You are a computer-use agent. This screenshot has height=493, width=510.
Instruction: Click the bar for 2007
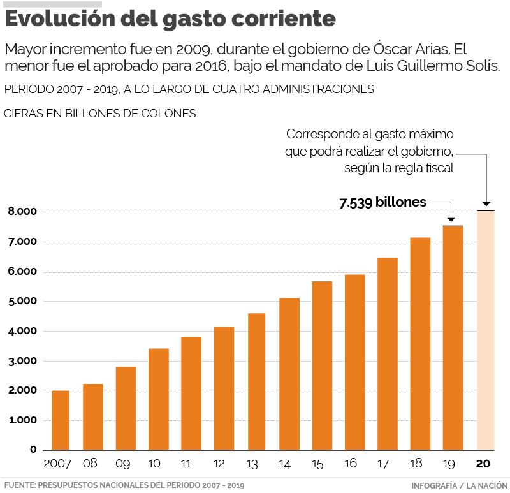61,420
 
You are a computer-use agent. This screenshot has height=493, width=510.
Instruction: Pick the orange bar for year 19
453,338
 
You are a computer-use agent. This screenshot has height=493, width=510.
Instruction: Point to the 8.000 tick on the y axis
22,212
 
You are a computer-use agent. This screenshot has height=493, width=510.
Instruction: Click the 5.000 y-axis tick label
22,301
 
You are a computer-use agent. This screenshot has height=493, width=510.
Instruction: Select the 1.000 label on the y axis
22,420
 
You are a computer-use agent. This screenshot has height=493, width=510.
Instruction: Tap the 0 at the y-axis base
33,450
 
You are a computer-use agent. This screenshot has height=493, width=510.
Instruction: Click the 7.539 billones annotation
382,203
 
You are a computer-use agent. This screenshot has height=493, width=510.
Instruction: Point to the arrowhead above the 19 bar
451,219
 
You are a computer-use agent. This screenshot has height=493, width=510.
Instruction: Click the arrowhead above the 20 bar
486,203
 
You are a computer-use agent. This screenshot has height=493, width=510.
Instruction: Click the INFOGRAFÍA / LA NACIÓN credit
459,485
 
